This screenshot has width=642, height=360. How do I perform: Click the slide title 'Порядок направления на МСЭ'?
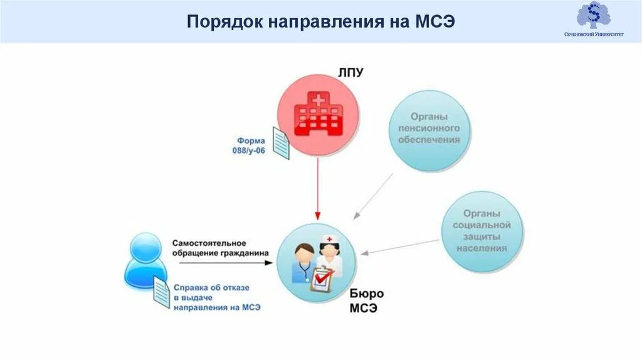pos(320,23)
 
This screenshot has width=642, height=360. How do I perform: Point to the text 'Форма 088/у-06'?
pos(251,146)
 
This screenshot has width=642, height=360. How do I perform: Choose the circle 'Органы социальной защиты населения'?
pos(482,231)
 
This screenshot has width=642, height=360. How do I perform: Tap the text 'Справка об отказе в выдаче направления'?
pos(216,297)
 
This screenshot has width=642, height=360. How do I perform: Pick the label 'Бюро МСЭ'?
pos(364,301)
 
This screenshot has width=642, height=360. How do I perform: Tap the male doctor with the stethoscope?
pos(303,263)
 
